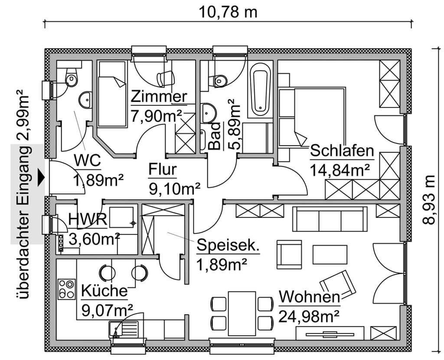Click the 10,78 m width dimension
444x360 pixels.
tap(228, 12)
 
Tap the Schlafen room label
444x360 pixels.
tap(342, 151)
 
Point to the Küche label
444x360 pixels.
tap(104, 291)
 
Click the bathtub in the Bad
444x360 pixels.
tap(260, 86)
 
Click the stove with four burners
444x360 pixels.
tap(66, 289)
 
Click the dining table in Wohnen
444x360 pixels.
tap(242, 312)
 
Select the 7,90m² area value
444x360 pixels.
tap(157, 116)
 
